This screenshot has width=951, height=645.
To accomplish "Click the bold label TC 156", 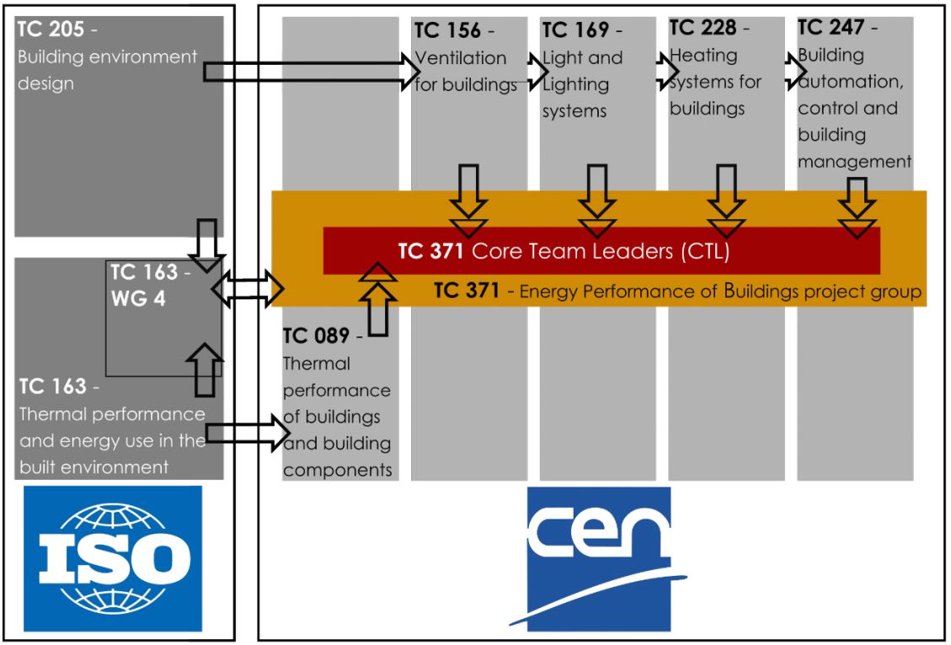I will (x=446, y=32).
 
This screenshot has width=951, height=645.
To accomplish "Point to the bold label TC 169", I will (x=574, y=32).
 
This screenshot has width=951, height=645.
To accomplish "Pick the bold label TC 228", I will (x=703, y=30).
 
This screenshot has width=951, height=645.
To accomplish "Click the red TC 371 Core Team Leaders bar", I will (x=601, y=250).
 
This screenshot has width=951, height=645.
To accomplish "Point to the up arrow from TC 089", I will (x=379, y=299).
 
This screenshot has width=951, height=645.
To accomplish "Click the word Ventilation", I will (x=462, y=59).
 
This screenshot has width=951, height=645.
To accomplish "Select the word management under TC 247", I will (x=854, y=161).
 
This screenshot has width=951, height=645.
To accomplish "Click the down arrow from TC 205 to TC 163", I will (x=206, y=241).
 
